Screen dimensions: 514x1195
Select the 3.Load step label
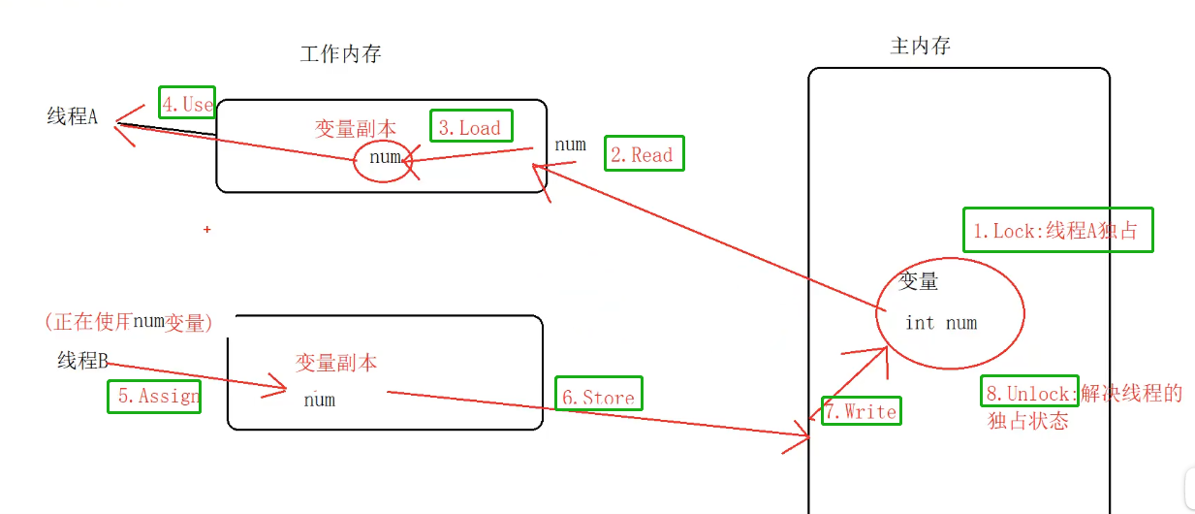point(471,127)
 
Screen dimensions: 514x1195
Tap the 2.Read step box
point(645,154)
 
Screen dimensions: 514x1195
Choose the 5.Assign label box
point(154,396)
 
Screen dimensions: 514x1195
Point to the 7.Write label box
point(861,411)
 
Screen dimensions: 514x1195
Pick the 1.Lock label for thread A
point(1058,231)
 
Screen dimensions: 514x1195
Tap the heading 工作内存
point(340,54)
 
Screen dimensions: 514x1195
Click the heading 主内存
point(920,46)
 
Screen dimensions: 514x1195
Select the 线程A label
point(73,117)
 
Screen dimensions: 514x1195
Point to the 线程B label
point(82,361)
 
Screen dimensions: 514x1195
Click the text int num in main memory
point(940,323)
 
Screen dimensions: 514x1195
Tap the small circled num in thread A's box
point(385,158)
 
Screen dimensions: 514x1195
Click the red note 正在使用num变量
point(128,322)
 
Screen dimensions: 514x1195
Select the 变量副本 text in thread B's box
point(336,363)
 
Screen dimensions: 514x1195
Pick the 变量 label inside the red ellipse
point(918,282)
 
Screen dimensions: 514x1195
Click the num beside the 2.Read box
point(570,145)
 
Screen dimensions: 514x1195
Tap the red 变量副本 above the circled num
point(356,128)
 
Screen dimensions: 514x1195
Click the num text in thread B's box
point(319,399)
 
